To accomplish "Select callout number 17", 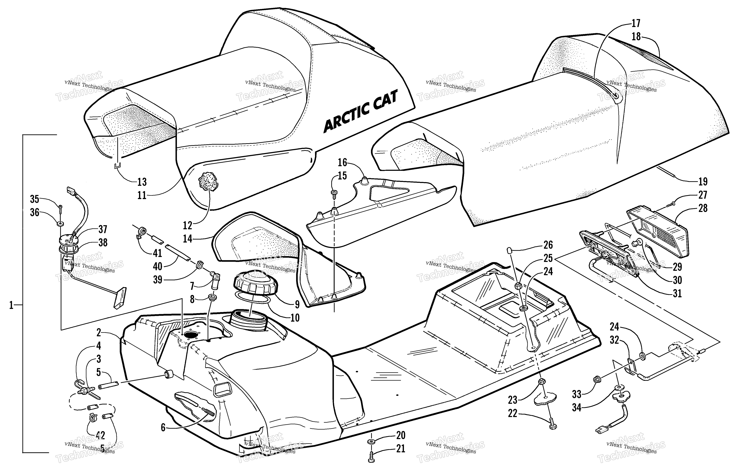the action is point(636,23).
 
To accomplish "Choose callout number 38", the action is point(103,243).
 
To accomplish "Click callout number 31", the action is point(677,293).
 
